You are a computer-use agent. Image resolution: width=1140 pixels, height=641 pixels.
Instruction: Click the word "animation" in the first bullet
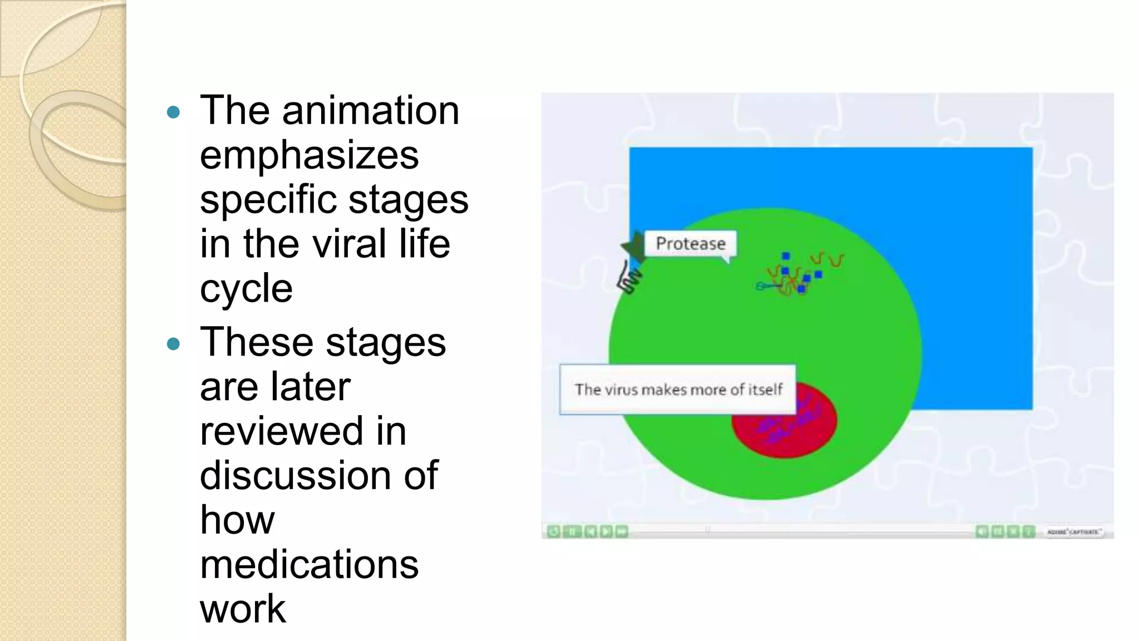[370, 110]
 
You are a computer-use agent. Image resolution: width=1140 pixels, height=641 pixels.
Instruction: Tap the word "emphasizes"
[309, 155]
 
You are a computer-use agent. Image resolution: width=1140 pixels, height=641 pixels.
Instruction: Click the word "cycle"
[246, 288]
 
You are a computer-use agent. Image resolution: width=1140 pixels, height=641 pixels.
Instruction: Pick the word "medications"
[309, 564]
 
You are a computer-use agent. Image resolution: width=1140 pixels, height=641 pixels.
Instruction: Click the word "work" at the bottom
[243, 609]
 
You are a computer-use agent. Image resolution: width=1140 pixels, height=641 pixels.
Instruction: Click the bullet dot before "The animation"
[174, 112]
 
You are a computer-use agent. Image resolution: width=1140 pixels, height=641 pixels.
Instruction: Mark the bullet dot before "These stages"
[174, 344]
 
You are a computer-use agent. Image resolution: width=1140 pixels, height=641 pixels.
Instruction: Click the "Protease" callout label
[690, 244]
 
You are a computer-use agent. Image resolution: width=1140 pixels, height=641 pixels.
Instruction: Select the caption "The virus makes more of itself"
[678, 389]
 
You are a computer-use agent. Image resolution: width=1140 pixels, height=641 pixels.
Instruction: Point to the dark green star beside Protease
[633, 246]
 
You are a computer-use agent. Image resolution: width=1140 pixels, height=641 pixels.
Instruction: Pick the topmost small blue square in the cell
[785, 256]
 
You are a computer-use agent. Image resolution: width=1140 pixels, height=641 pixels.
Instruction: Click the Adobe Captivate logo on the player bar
[1072, 532]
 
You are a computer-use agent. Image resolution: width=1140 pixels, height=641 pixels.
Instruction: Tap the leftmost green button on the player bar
[553, 532]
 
